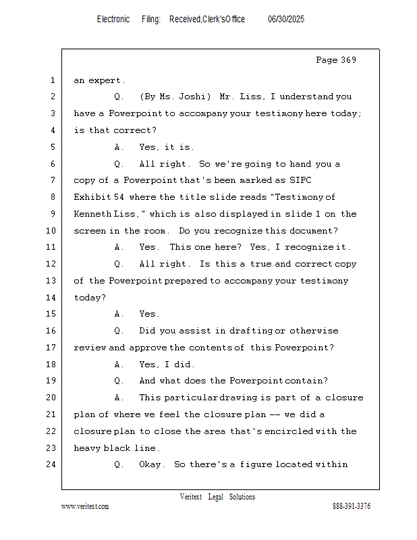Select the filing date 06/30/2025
point(286,19)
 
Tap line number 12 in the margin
point(52,264)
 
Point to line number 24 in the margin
point(52,464)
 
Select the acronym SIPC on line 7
point(300,180)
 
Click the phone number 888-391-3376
point(352,506)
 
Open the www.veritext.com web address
point(85,506)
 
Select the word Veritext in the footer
point(191,497)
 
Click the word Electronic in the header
point(113,19)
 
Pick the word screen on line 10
point(89,231)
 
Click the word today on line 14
point(89,297)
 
